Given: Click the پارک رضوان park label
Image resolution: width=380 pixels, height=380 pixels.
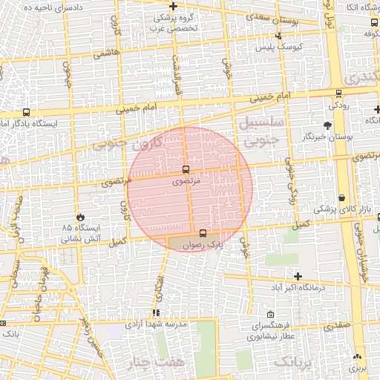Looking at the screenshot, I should point(204,244).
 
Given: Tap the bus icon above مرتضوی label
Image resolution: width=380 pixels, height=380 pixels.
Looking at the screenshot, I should point(185,168).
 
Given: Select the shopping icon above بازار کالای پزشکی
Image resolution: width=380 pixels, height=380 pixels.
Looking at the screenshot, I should point(341,198).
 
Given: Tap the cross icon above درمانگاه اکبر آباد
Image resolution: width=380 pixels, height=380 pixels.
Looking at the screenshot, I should point(297,276).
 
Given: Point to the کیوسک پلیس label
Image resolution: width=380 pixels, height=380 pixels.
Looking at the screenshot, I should point(274,47).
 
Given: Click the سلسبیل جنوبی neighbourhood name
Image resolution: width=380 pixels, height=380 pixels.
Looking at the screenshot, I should point(259,129).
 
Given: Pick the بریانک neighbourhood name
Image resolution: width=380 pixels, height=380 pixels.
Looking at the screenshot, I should point(295,363).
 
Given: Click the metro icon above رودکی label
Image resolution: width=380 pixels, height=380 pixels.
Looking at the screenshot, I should point(339,94).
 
